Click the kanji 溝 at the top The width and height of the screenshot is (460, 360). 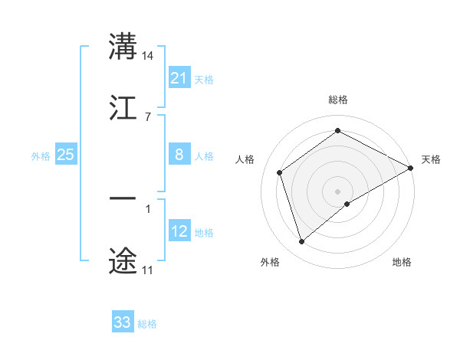tap(123, 47)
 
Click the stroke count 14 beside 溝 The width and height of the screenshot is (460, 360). tap(148, 56)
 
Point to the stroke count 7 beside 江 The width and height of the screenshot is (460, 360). tap(147, 116)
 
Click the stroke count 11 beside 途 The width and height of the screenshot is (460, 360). tap(147, 270)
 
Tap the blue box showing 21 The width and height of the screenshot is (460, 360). tap(179, 78)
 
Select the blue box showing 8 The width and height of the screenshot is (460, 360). tap(179, 155)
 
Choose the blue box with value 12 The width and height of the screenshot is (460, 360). tap(179, 231)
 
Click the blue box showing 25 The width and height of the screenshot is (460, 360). tap(65, 155)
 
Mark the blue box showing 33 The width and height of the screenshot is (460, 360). tap(123, 322)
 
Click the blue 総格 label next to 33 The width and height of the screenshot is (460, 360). tap(147, 324)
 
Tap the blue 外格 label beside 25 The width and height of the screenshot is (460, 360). tap(41, 156)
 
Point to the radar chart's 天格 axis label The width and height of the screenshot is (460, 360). tap(431, 159)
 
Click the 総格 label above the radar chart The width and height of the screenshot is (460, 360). tap(338, 100)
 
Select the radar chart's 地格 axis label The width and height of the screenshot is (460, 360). tap(402, 262)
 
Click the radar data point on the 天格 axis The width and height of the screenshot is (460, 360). tap(412, 168)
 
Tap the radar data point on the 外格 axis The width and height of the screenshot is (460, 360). tap(301, 242)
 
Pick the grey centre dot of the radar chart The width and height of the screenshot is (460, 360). tap(338, 191)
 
